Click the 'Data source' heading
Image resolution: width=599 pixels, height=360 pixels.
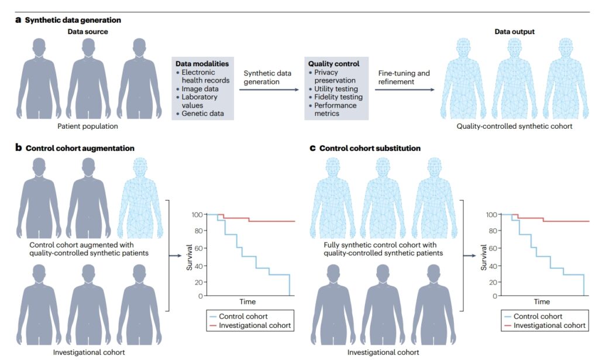[87, 31]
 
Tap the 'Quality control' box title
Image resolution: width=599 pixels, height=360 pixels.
[333, 63]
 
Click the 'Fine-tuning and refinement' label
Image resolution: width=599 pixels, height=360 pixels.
[404, 78]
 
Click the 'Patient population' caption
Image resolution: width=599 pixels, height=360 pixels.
[87, 126]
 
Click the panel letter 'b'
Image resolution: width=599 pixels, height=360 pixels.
[19, 148]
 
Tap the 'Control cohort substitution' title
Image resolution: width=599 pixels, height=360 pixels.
[370, 148]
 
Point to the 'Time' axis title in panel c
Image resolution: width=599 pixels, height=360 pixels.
[542, 302]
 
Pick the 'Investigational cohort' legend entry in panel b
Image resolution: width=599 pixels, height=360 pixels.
[252, 325]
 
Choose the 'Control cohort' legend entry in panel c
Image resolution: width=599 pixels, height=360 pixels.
[538, 317]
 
